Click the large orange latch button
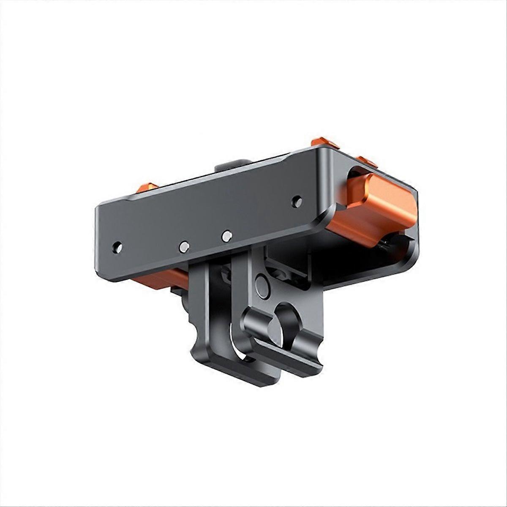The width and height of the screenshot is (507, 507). [374, 209]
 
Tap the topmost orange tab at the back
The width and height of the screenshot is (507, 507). [325, 143]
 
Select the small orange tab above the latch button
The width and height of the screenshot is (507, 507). [367, 161]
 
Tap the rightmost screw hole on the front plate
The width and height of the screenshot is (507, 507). [297, 200]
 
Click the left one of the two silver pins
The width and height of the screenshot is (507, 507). [184, 247]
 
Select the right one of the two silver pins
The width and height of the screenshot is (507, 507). [227, 236]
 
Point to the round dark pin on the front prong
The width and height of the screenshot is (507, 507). [262, 286]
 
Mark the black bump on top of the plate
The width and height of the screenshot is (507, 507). [232, 165]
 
